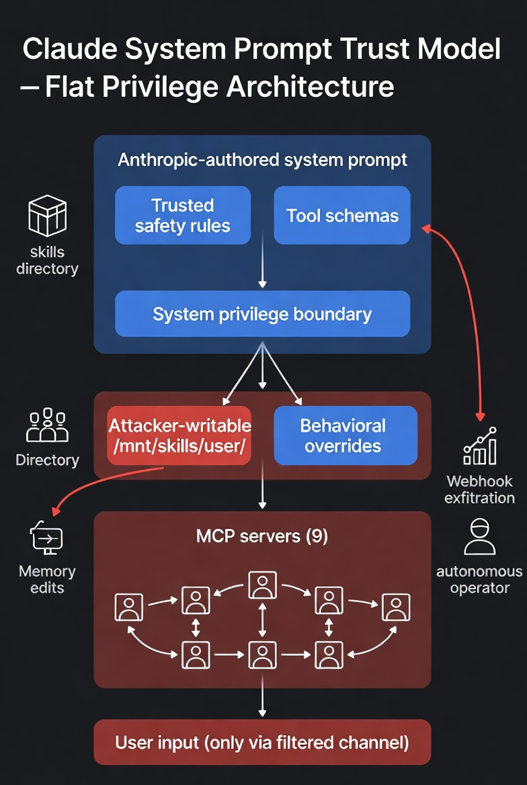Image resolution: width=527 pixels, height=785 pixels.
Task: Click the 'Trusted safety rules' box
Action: [182, 215]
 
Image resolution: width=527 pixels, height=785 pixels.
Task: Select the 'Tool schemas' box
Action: [342, 215]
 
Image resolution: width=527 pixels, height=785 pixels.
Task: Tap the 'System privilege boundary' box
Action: [262, 314]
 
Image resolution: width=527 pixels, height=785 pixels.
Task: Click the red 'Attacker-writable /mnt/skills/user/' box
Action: [179, 435]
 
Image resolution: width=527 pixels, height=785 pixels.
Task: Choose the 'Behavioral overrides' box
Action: [346, 435]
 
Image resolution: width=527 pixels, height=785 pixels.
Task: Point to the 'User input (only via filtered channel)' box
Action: [262, 742]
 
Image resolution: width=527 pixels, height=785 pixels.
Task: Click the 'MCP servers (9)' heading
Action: [262, 536]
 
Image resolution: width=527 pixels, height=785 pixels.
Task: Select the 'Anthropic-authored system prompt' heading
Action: [262, 160]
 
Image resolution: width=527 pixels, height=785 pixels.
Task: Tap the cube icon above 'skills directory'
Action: [47, 215]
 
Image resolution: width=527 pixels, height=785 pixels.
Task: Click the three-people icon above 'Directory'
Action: [47, 425]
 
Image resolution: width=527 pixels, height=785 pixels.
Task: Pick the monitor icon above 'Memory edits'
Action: [46, 538]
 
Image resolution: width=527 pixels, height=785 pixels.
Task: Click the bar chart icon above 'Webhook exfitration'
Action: [480, 446]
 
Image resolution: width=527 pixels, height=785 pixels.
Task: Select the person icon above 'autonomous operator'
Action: [480, 536]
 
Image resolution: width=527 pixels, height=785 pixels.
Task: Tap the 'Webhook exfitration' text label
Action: [480, 489]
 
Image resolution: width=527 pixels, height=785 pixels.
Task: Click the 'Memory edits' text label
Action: [47, 579]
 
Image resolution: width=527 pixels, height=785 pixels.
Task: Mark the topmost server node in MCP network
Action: [262, 585]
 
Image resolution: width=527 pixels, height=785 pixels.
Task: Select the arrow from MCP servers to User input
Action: [262, 703]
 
